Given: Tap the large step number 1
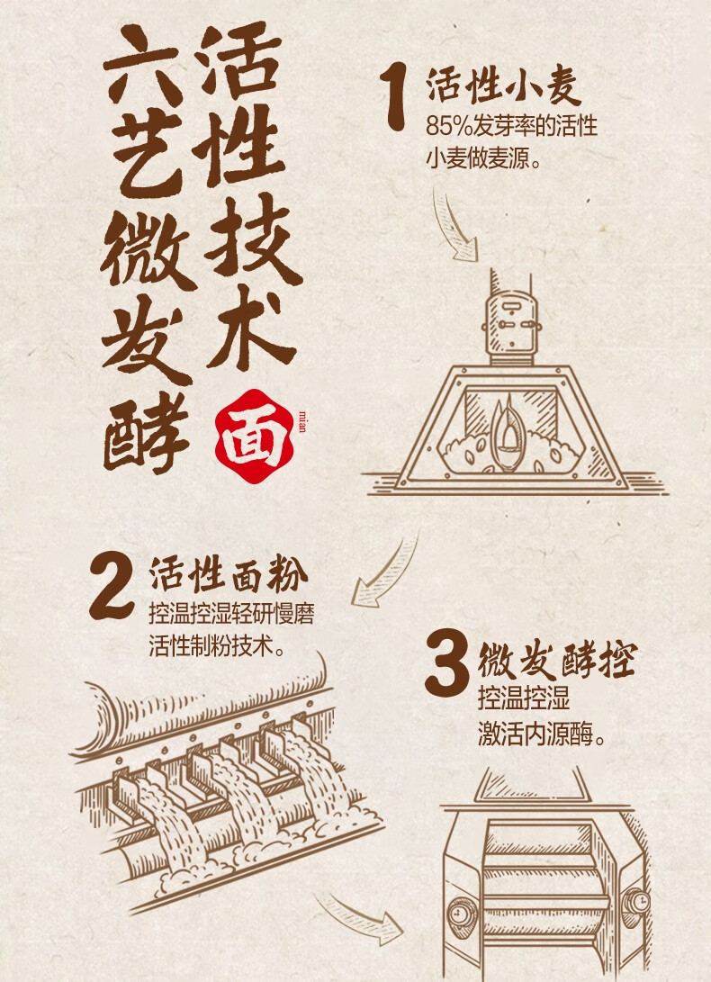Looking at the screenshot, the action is click(x=395, y=98).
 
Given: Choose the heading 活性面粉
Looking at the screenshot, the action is click(x=229, y=574).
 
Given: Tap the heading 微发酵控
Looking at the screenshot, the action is click(x=557, y=660).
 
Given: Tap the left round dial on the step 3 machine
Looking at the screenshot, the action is click(x=462, y=911).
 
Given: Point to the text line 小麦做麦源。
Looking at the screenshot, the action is click(x=483, y=158).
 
